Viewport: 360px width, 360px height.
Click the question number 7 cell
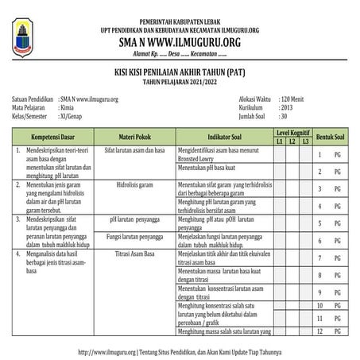click(x=319, y=257)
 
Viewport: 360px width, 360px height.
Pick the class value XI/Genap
click(x=75, y=116)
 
